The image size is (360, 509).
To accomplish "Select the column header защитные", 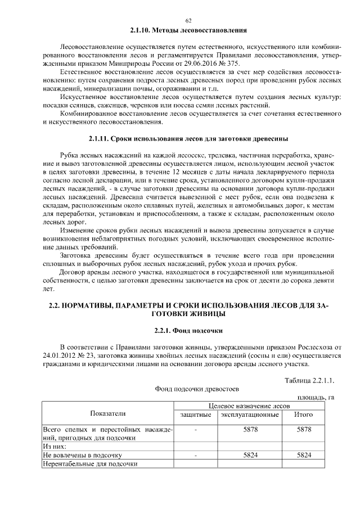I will (195, 415).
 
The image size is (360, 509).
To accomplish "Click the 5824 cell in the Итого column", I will (304, 454).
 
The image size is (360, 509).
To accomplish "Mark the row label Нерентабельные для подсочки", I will (90, 463).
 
